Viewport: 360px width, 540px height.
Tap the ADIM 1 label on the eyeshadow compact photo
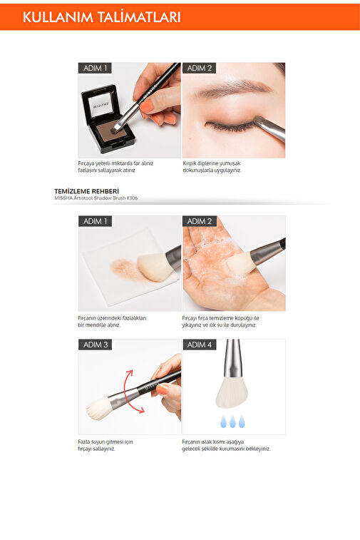click(x=95, y=68)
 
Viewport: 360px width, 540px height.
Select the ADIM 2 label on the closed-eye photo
click(x=200, y=68)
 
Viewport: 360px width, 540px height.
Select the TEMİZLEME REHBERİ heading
click(x=86, y=191)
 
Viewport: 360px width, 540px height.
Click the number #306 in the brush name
click(x=132, y=198)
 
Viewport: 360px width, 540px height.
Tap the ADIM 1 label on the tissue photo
click(x=96, y=221)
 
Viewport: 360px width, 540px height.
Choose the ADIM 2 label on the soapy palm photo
click(x=200, y=221)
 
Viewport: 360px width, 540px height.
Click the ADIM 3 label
click(x=96, y=345)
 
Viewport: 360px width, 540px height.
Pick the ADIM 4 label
click(x=200, y=345)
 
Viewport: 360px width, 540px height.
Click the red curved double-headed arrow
click(x=125, y=392)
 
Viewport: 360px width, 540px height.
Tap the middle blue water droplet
click(x=232, y=422)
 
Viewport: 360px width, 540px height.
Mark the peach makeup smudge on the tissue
click(x=125, y=269)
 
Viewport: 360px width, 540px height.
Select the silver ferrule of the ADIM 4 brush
click(x=233, y=358)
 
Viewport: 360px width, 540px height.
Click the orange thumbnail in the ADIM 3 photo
click(x=163, y=389)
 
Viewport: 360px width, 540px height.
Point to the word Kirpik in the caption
click(x=190, y=163)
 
